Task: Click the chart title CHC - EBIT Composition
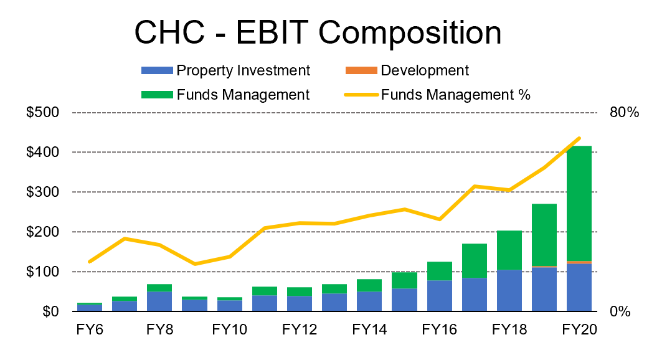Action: pos(318,32)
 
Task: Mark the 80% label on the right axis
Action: pos(623,113)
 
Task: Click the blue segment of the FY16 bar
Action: pos(439,296)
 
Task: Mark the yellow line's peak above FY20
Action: pos(579,138)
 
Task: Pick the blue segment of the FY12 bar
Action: pos(299,303)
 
